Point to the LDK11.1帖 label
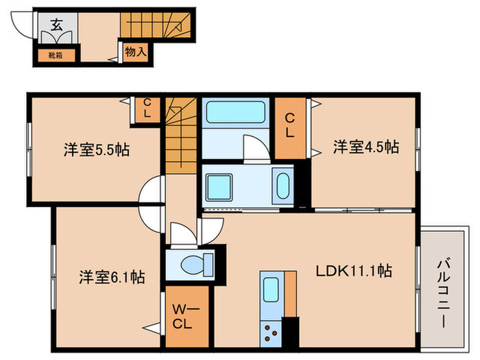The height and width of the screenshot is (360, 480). (x=354, y=270)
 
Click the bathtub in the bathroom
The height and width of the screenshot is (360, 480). (x=235, y=113)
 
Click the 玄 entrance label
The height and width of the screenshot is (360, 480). (x=55, y=26)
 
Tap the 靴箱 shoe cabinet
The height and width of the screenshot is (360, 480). (x=55, y=54)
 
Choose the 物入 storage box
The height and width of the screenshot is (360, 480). (x=134, y=51)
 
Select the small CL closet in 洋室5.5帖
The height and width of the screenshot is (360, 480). (x=147, y=108)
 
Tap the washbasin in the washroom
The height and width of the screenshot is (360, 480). (x=282, y=185)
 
